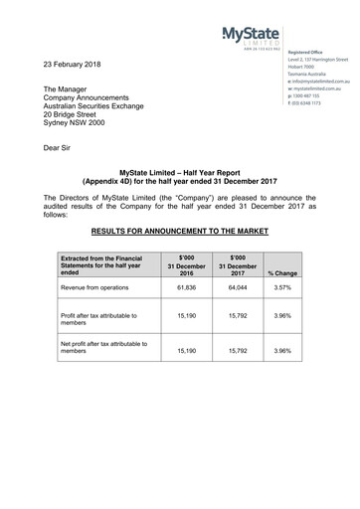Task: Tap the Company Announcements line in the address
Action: click(92, 99)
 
